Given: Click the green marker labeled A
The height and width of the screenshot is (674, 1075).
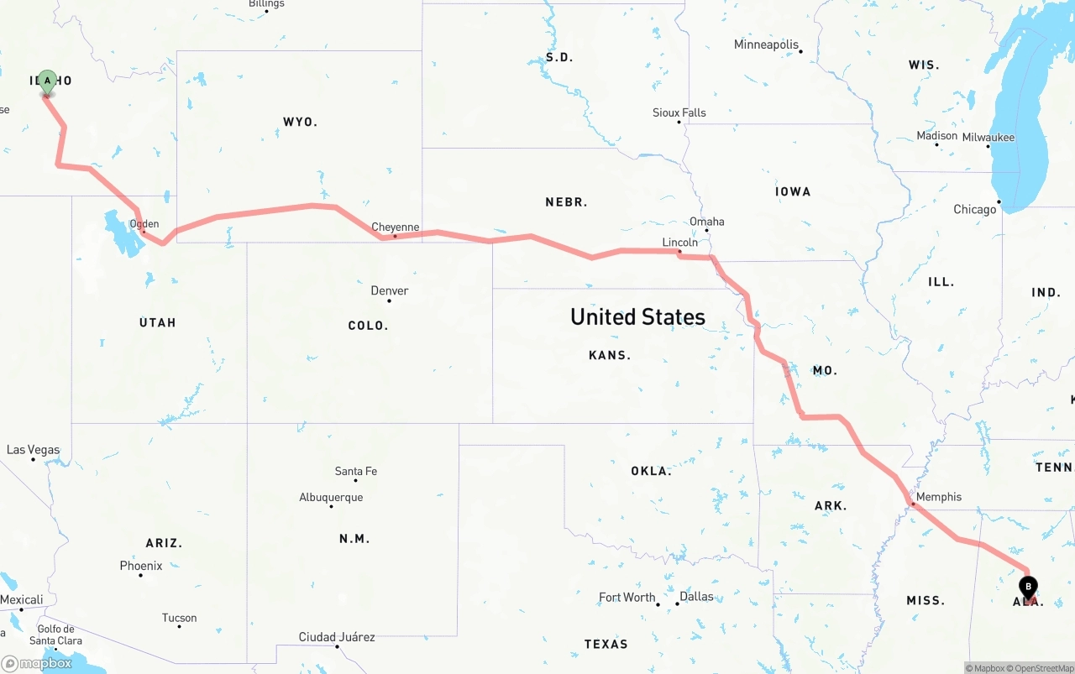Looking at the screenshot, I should click(x=48, y=81).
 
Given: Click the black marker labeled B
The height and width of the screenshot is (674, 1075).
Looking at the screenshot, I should click(x=1028, y=587).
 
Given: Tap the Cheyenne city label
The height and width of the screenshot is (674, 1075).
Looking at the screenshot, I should click(x=396, y=227).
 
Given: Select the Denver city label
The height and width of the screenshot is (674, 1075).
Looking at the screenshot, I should click(x=390, y=290).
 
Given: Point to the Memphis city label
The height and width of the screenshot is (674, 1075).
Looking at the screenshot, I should click(x=938, y=497).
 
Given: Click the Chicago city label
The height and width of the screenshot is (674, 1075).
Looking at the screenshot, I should click(x=974, y=209).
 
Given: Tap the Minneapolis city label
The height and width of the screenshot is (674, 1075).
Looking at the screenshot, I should click(x=766, y=44).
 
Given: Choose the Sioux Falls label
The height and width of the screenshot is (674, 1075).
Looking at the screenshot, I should click(x=679, y=112).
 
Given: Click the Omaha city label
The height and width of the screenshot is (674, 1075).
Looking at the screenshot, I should click(x=706, y=222).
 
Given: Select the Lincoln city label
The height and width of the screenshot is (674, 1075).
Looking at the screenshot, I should click(x=679, y=242).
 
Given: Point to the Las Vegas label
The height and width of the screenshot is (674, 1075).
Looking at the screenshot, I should click(x=33, y=450).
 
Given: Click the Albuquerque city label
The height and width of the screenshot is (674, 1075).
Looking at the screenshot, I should click(x=331, y=497).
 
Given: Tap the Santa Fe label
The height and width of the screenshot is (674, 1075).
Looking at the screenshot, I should click(x=355, y=471).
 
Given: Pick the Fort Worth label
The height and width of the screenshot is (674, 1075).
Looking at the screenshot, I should click(x=627, y=598).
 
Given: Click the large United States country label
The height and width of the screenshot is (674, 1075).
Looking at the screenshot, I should click(x=637, y=316).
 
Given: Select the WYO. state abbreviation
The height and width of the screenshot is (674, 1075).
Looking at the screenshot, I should click(x=300, y=122).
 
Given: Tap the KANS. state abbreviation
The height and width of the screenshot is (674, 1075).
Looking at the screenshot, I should click(x=610, y=355).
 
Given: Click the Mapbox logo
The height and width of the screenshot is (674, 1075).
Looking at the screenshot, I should click(x=37, y=663).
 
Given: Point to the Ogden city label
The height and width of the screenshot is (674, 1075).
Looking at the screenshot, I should click(x=144, y=224).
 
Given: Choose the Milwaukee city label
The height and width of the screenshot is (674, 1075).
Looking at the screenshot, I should click(x=988, y=137).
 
